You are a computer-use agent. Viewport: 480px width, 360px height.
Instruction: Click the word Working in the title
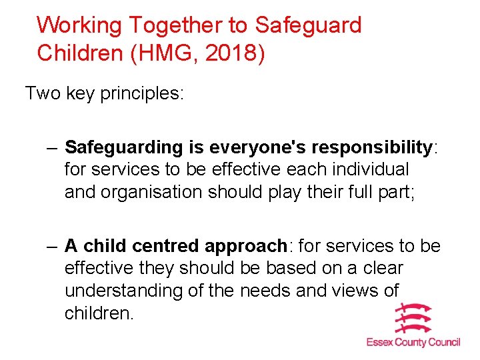tap(79, 25)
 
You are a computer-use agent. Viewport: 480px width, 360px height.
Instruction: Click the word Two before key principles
tap(43, 93)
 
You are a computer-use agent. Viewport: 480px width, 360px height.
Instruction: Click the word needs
tap(265, 291)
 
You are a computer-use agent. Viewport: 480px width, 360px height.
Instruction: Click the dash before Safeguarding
tap(53, 147)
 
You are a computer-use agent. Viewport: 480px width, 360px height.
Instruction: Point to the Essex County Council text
tap(413, 342)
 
